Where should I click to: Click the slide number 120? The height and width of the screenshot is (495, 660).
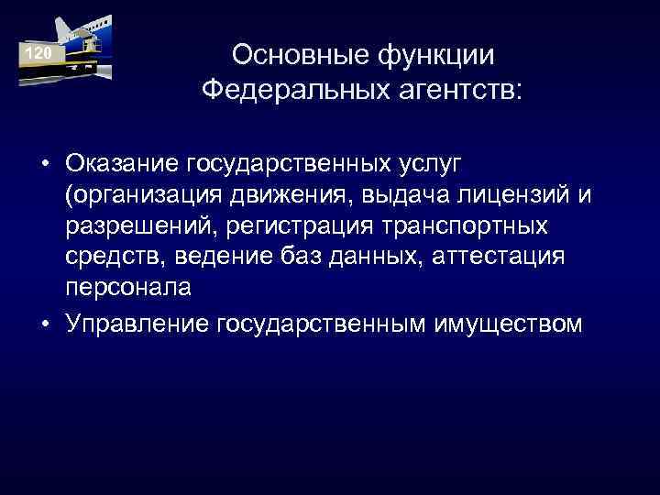[x=38, y=56]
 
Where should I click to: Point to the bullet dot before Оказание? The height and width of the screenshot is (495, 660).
[x=44, y=164]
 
